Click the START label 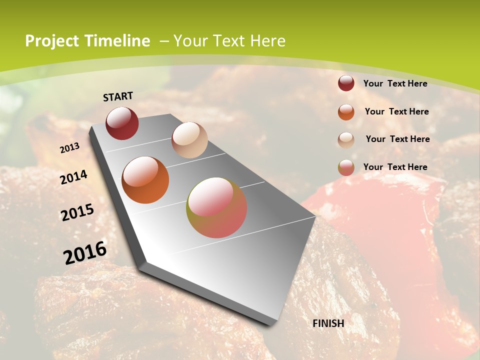point(118,96)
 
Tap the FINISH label point(328,323)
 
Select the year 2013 point(70,148)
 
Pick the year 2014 point(74,177)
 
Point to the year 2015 point(77,212)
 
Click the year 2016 point(85,252)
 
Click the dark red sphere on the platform point(122,123)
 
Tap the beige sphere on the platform point(189,140)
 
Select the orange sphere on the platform point(145,180)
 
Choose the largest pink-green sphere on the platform point(216,207)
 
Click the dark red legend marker point(346,83)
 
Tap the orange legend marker point(346,112)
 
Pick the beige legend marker point(346,140)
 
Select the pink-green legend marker point(346,167)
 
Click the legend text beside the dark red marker point(395,83)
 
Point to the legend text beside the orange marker point(396,111)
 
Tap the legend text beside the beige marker point(397,139)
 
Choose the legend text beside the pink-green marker point(395,167)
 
